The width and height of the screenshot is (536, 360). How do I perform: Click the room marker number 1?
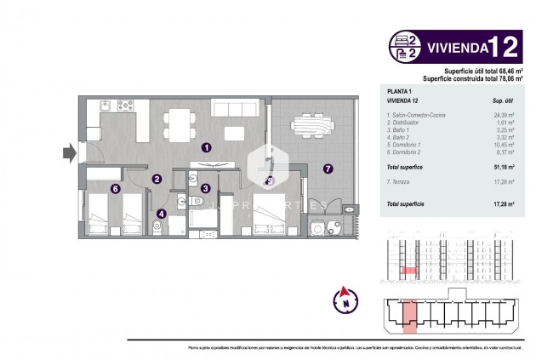tap(206, 147)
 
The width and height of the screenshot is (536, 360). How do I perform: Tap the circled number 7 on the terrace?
tap(328, 169)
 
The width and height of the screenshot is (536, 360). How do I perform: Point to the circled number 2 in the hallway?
tap(157, 180)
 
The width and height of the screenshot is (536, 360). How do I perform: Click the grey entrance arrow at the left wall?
tap(67, 154)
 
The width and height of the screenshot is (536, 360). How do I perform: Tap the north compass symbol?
tap(345, 300)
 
